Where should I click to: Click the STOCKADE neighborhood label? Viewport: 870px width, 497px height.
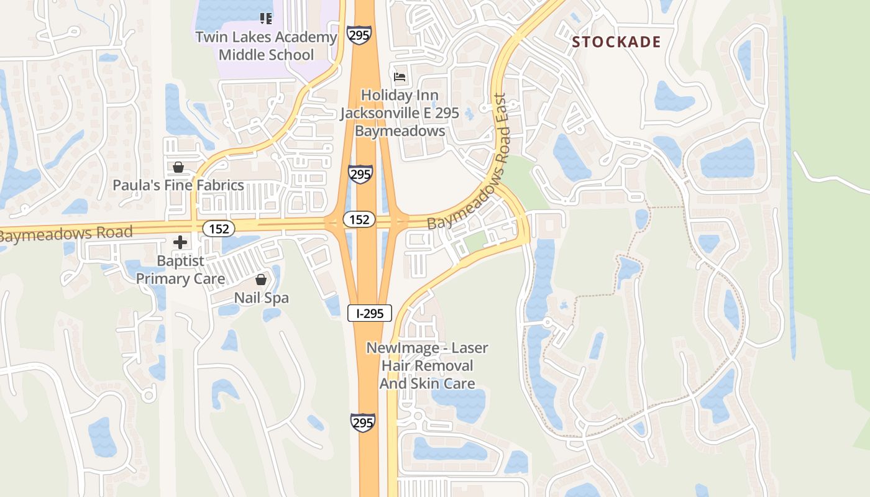[x=616, y=42]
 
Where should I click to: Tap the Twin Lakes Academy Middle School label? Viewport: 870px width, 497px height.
[x=266, y=46]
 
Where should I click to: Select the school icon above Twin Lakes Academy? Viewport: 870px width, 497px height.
[x=266, y=18]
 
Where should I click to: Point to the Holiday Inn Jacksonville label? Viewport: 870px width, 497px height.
[x=400, y=113]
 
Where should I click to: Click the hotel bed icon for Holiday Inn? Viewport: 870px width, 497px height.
[x=400, y=77]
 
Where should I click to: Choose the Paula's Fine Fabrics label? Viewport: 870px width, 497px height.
[x=178, y=185]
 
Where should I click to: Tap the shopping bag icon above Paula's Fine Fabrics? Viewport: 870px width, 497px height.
[x=178, y=167]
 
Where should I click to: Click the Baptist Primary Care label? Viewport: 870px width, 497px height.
[x=180, y=270]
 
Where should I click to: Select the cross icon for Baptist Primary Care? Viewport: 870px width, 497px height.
[x=180, y=242]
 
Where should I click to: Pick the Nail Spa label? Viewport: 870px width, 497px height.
[x=261, y=298]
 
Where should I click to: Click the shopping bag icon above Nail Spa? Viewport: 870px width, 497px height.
[x=261, y=280]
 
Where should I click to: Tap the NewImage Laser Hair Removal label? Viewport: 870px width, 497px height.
[x=427, y=366]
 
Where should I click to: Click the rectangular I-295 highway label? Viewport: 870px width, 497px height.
[x=370, y=314]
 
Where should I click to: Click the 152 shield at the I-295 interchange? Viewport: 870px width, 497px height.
[x=360, y=219]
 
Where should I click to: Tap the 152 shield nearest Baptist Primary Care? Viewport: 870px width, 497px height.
[x=219, y=229]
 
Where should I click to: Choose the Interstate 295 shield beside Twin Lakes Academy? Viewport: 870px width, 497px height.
[x=360, y=35]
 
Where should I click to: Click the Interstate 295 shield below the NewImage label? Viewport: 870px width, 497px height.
[x=363, y=422]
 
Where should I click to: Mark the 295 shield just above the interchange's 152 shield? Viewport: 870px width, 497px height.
[x=360, y=174]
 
